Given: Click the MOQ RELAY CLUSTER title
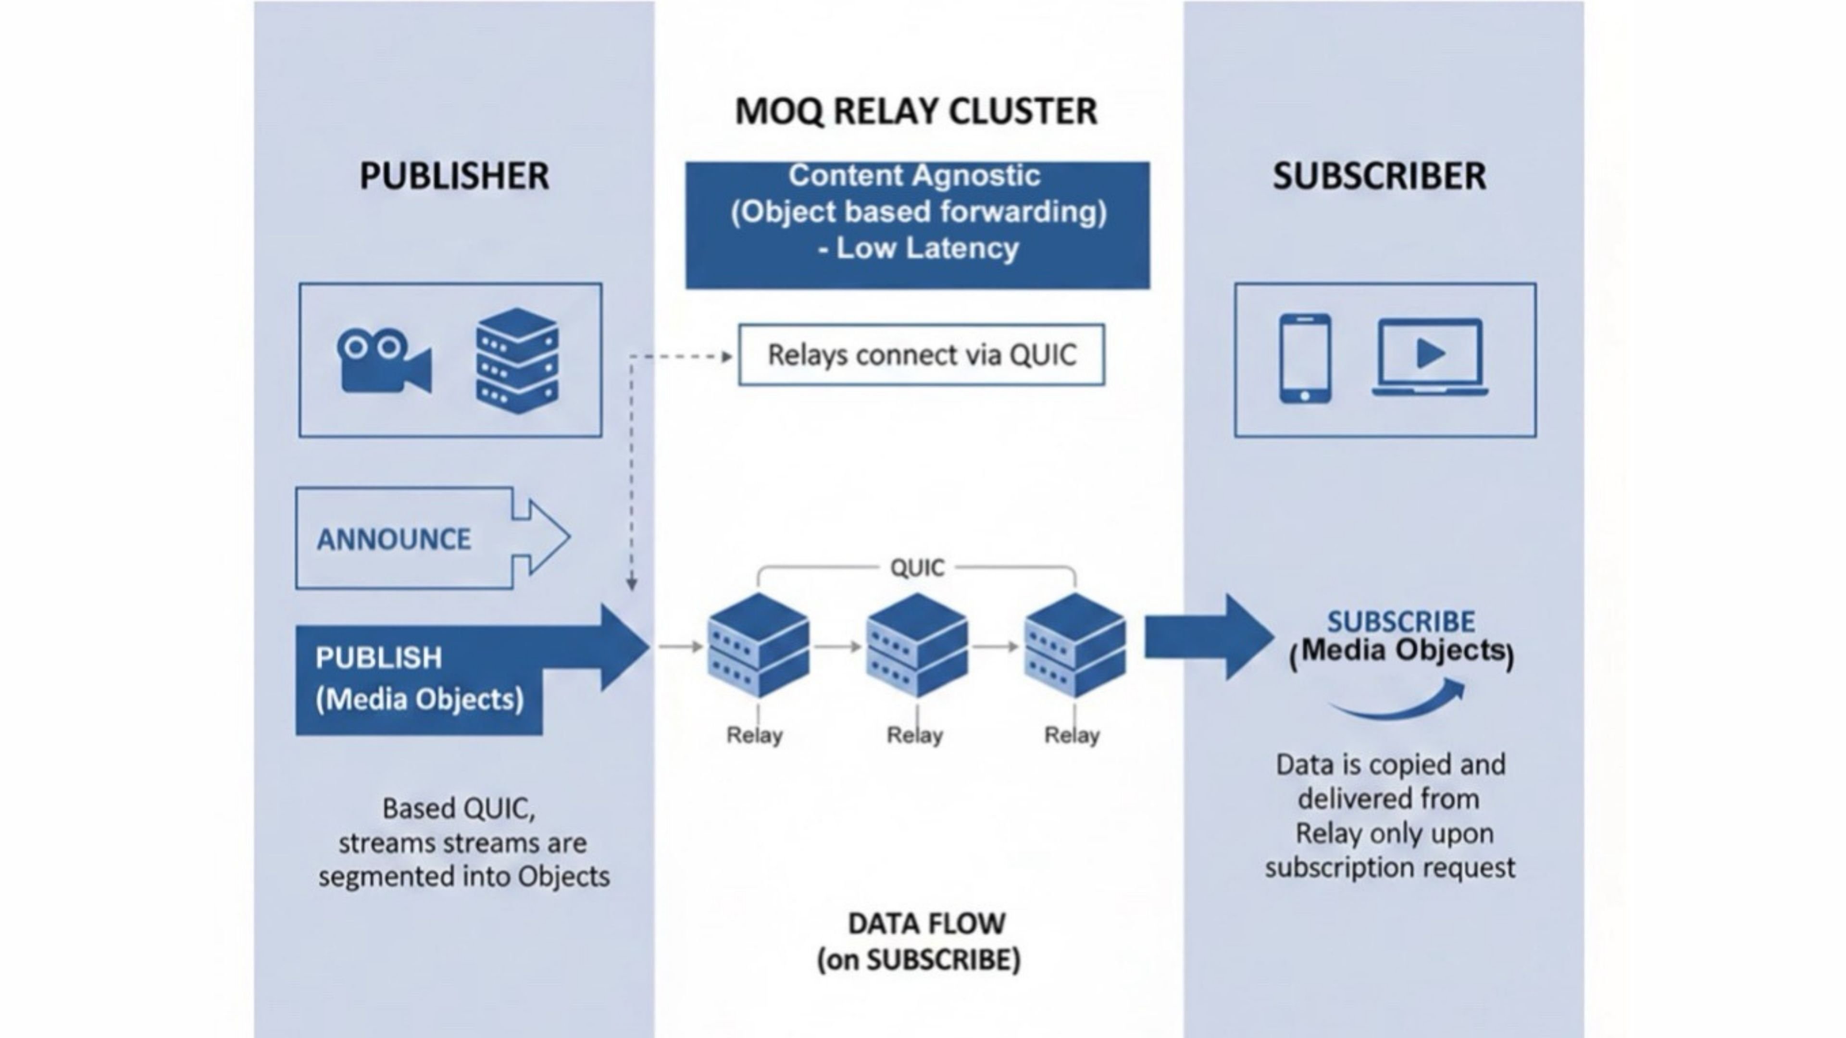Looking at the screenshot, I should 916,112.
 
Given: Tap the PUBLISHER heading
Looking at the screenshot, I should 454,176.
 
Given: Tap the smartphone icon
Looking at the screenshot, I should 1305,358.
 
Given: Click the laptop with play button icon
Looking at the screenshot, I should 1430,357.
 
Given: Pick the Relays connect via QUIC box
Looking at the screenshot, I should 922,355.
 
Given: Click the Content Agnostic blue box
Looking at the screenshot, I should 917,225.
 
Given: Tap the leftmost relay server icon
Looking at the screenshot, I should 758,645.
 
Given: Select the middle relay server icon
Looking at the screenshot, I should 917,645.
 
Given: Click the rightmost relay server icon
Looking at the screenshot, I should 1074,645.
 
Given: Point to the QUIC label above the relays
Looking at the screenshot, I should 917,568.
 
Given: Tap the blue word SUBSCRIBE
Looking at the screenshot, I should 1400,621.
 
